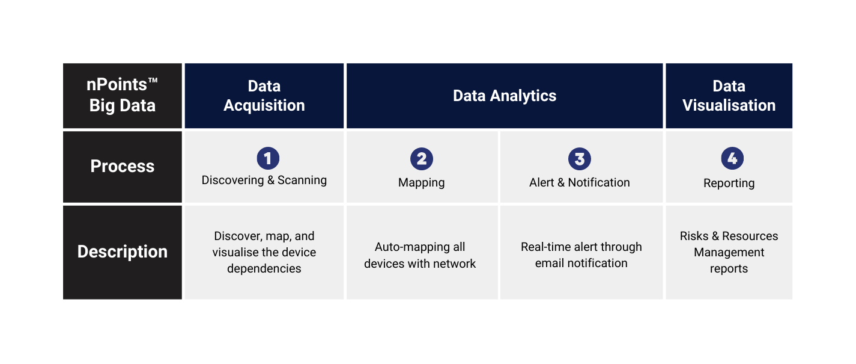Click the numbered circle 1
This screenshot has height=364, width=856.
(268, 158)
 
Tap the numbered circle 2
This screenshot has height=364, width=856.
(422, 159)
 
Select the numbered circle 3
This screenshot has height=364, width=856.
(579, 159)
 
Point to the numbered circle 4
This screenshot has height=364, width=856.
(732, 158)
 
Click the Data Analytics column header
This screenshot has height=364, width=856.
(505, 96)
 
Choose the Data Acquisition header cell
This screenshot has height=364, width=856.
(264, 96)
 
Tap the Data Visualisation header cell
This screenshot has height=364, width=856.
(729, 96)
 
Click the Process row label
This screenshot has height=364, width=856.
(123, 167)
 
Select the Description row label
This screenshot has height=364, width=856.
(123, 252)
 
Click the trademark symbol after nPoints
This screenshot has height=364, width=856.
(153, 81)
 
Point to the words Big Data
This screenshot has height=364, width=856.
(123, 106)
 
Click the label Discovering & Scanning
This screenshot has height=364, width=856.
(264, 180)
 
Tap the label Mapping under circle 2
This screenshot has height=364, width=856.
(422, 183)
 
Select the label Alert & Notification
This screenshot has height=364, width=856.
(579, 182)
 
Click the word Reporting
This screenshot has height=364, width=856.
(729, 184)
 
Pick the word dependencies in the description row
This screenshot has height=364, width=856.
(264, 269)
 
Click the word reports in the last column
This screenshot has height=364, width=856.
(729, 269)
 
